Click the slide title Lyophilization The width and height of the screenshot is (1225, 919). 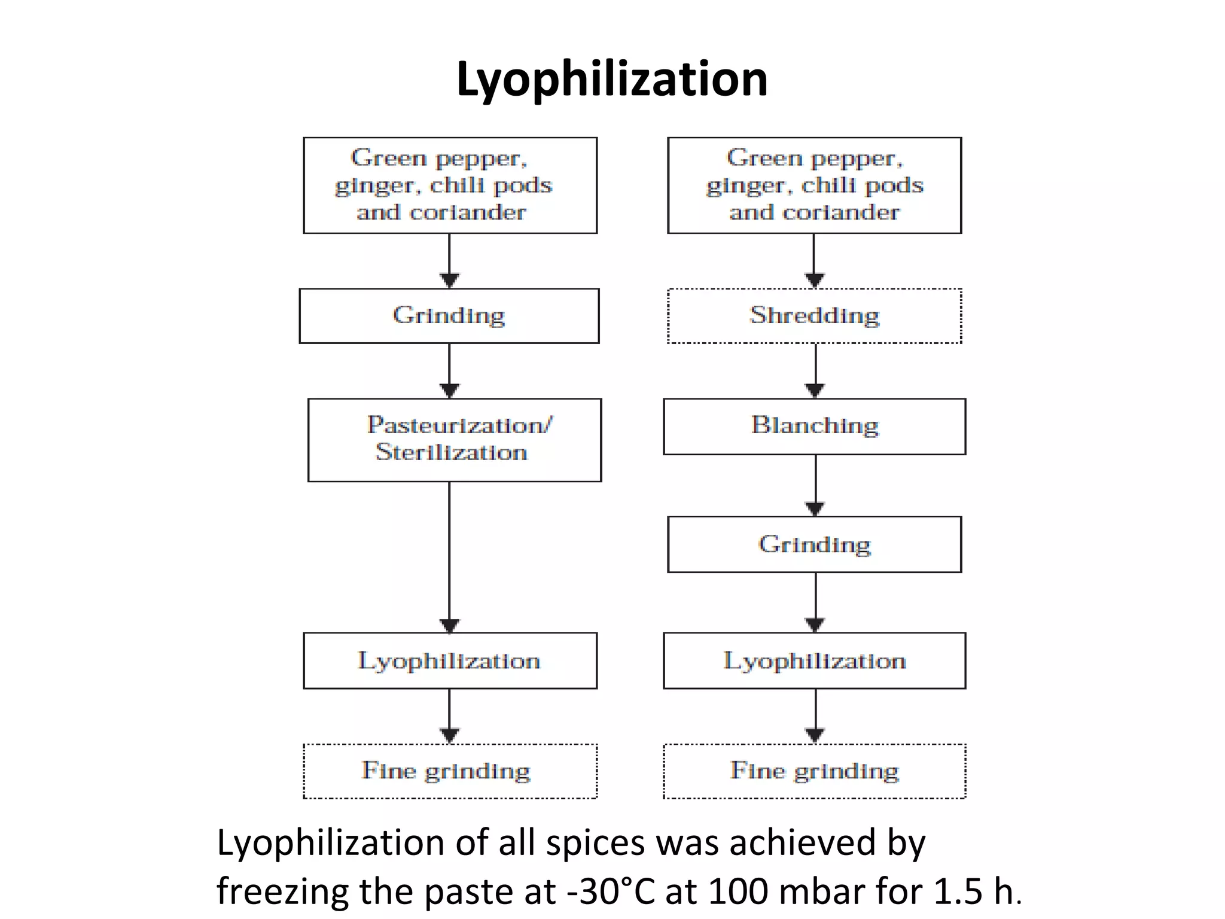611,79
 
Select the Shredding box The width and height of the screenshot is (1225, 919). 814,316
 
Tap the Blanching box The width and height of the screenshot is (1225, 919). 814,426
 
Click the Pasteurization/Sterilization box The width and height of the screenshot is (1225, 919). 455,440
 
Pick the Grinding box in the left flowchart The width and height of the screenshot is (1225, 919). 449,316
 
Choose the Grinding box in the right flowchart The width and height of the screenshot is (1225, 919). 814,544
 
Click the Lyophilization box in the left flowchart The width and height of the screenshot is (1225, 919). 450,661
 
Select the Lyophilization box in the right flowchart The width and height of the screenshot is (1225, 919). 814,661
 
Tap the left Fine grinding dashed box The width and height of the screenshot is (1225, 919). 450,771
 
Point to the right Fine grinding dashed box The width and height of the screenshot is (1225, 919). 814,771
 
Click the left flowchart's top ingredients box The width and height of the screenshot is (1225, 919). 450,185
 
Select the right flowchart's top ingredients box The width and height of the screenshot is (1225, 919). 814,185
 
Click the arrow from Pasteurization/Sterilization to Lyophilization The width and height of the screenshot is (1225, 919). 450,556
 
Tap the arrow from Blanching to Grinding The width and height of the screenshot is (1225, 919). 815,485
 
